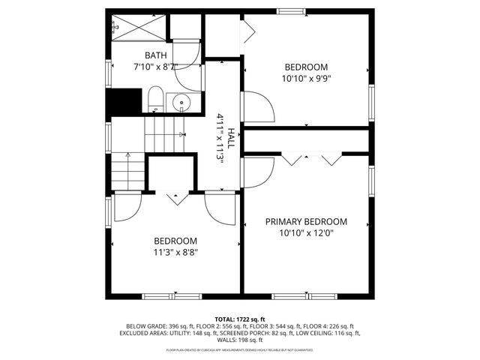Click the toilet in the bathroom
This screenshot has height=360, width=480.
click(x=155, y=99)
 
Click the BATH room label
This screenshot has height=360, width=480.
click(x=156, y=55)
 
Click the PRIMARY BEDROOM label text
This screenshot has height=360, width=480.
click(x=307, y=221)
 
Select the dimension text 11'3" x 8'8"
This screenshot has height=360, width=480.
click(x=175, y=252)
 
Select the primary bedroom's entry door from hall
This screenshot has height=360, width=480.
click(x=258, y=172)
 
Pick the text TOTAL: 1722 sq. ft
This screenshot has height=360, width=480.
click(x=240, y=319)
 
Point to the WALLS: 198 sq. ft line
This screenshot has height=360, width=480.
click(x=240, y=340)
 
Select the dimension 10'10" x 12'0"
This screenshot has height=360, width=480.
click(x=307, y=232)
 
